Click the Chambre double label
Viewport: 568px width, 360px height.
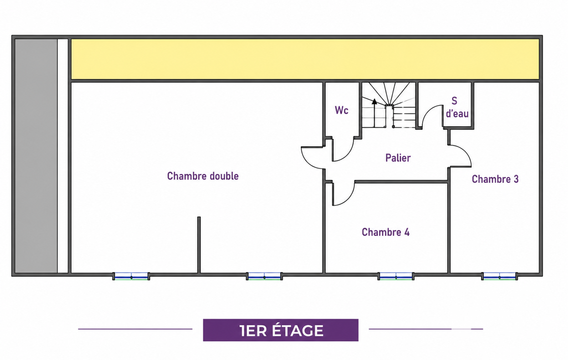pos(203,176)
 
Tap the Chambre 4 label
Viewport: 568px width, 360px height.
pos(386,232)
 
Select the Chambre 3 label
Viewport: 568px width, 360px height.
pos(495,179)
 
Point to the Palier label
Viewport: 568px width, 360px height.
pos(398,158)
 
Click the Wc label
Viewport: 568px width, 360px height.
pos(341,110)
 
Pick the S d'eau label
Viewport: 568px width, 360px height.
pos(457,107)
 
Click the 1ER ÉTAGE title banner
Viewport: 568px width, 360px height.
pos(281,330)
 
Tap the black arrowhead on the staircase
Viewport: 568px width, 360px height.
pos(374,102)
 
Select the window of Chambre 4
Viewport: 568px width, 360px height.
pos(396,276)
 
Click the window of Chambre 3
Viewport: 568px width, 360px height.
pos(499,276)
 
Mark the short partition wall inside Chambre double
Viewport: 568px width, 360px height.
pos(199,245)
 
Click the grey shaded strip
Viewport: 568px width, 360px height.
pos(36,156)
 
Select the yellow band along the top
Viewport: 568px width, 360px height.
pos(305,59)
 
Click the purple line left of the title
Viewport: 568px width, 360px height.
pos(135,329)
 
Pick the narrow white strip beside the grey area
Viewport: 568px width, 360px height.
pos(63,156)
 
